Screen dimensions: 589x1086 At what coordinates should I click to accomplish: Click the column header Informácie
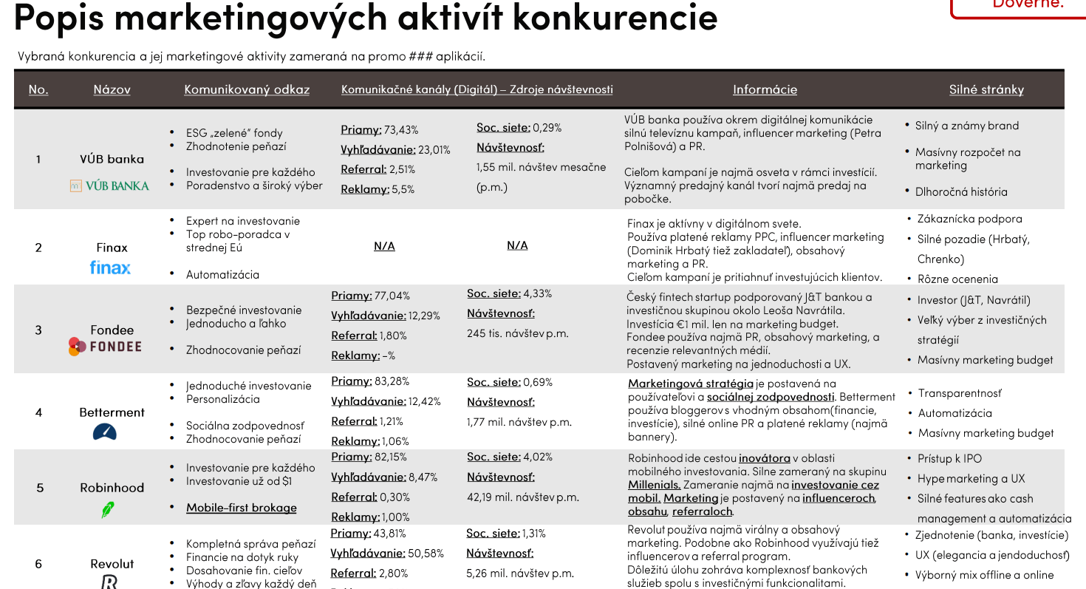(765, 89)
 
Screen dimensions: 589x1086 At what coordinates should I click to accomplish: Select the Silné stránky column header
(986, 89)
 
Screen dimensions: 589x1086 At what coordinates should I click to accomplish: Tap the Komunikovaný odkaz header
(247, 89)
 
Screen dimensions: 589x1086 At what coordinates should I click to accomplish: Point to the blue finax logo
(110, 268)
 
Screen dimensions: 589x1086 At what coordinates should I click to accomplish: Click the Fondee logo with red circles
(105, 346)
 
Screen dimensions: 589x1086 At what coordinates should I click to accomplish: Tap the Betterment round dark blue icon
(105, 432)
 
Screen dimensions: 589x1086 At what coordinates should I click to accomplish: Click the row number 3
(38, 330)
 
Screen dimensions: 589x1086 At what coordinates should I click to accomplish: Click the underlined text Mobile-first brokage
(241, 508)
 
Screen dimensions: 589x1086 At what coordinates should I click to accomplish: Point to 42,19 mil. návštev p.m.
(522, 497)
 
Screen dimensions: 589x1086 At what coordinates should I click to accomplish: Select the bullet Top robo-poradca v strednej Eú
(237, 241)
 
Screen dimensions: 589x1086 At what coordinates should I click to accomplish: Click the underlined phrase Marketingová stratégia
(691, 384)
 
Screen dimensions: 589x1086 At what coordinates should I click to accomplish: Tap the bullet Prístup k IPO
(949, 458)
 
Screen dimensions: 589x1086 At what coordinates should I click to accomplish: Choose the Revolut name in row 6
(112, 564)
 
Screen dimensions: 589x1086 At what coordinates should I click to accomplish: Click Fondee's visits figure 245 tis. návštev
(517, 333)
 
